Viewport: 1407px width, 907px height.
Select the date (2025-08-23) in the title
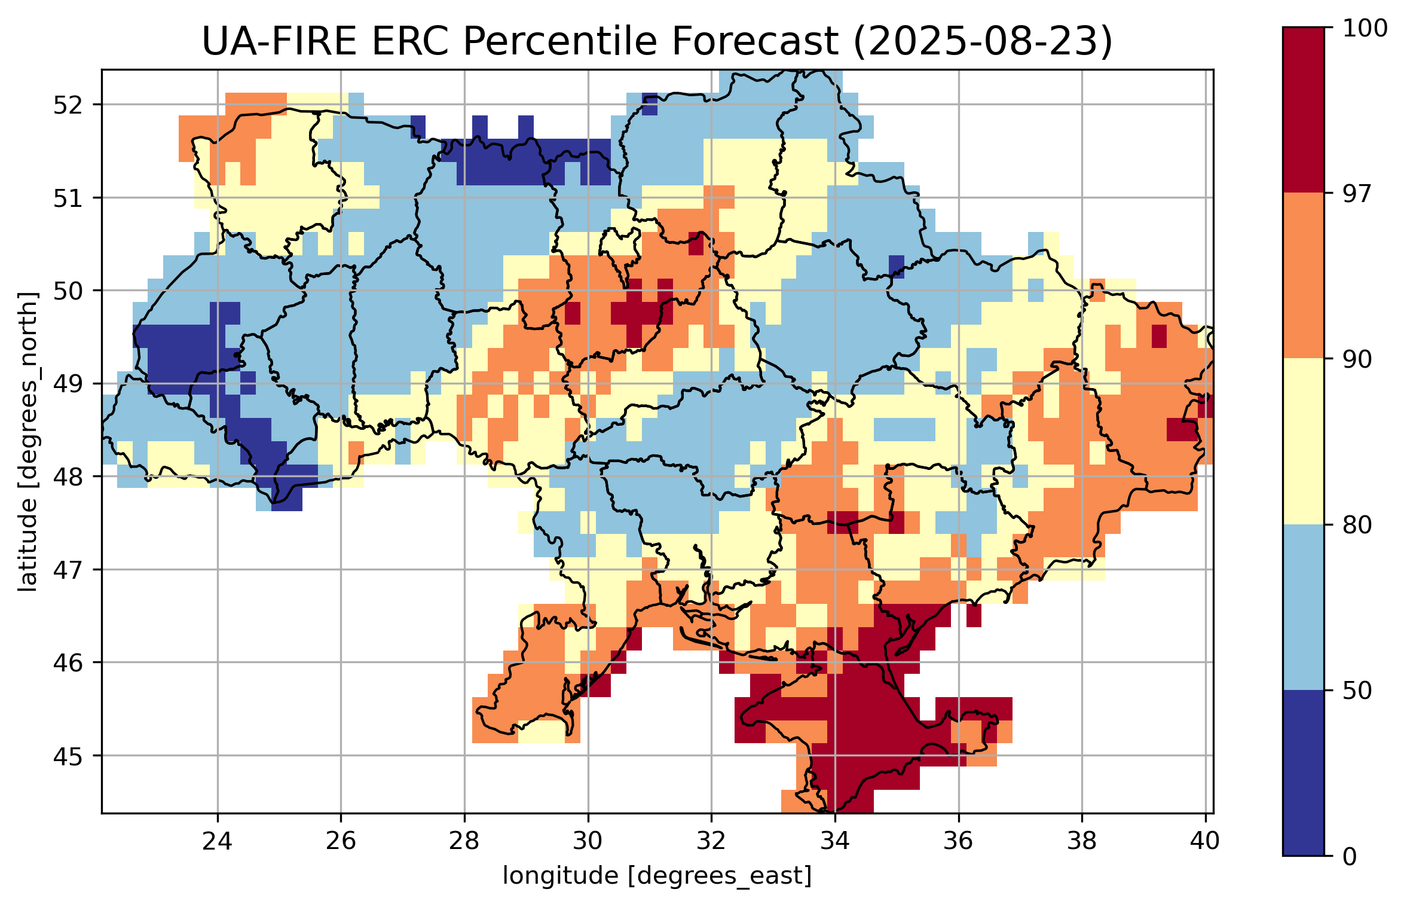point(982,42)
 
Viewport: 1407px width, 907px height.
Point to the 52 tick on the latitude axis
point(68,105)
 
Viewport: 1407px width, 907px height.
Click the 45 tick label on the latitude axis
point(68,756)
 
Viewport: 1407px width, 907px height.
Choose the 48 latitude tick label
point(68,477)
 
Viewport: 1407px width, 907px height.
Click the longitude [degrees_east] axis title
point(657,876)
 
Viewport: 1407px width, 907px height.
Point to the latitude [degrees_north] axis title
point(27,442)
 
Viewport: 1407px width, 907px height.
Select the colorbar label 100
point(1365,28)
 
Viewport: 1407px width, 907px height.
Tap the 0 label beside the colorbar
point(1350,857)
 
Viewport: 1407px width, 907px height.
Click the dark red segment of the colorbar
point(1303,110)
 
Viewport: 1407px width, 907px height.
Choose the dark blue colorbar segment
point(1303,773)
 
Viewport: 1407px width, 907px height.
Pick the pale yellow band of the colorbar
point(1303,442)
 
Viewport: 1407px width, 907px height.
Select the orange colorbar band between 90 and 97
point(1303,276)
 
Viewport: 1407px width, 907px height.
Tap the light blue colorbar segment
point(1303,607)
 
